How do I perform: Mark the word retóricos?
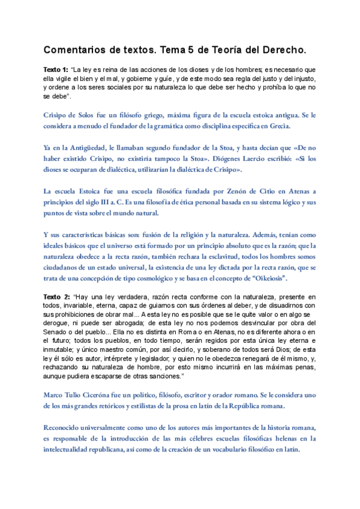click(114, 406)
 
